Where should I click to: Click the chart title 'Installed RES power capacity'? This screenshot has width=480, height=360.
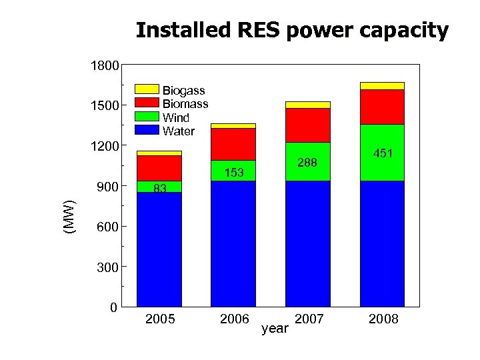pyautogui.click(x=292, y=31)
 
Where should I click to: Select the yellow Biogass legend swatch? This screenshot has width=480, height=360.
pyautogui.click(x=147, y=89)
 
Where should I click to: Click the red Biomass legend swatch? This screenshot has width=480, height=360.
pyautogui.click(x=147, y=102)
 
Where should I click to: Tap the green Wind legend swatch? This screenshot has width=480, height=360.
pyautogui.click(x=147, y=115)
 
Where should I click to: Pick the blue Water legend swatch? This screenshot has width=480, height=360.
pyautogui.click(x=147, y=129)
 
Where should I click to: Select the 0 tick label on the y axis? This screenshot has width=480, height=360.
pyautogui.click(x=113, y=307)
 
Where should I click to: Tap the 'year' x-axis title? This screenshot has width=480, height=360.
pyautogui.click(x=275, y=328)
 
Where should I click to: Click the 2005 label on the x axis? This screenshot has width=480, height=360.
pyautogui.click(x=160, y=319)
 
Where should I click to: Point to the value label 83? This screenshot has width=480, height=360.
pyautogui.click(x=159, y=189)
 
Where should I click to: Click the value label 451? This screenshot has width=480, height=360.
pyautogui.click(x=383, y=153)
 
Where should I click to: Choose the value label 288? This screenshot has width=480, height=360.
pyautogui.click(x=308, y=163)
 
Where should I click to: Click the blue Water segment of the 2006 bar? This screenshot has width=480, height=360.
pyautogui.click(x=233, y=243)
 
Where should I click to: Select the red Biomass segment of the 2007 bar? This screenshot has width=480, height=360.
pyautogui.click(x=308, y=125)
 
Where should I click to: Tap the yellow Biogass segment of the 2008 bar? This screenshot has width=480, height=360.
pyautogui.click(x=382, y=85)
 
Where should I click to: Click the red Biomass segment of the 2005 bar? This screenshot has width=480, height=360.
pyautogui.click(x=159, y=167)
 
